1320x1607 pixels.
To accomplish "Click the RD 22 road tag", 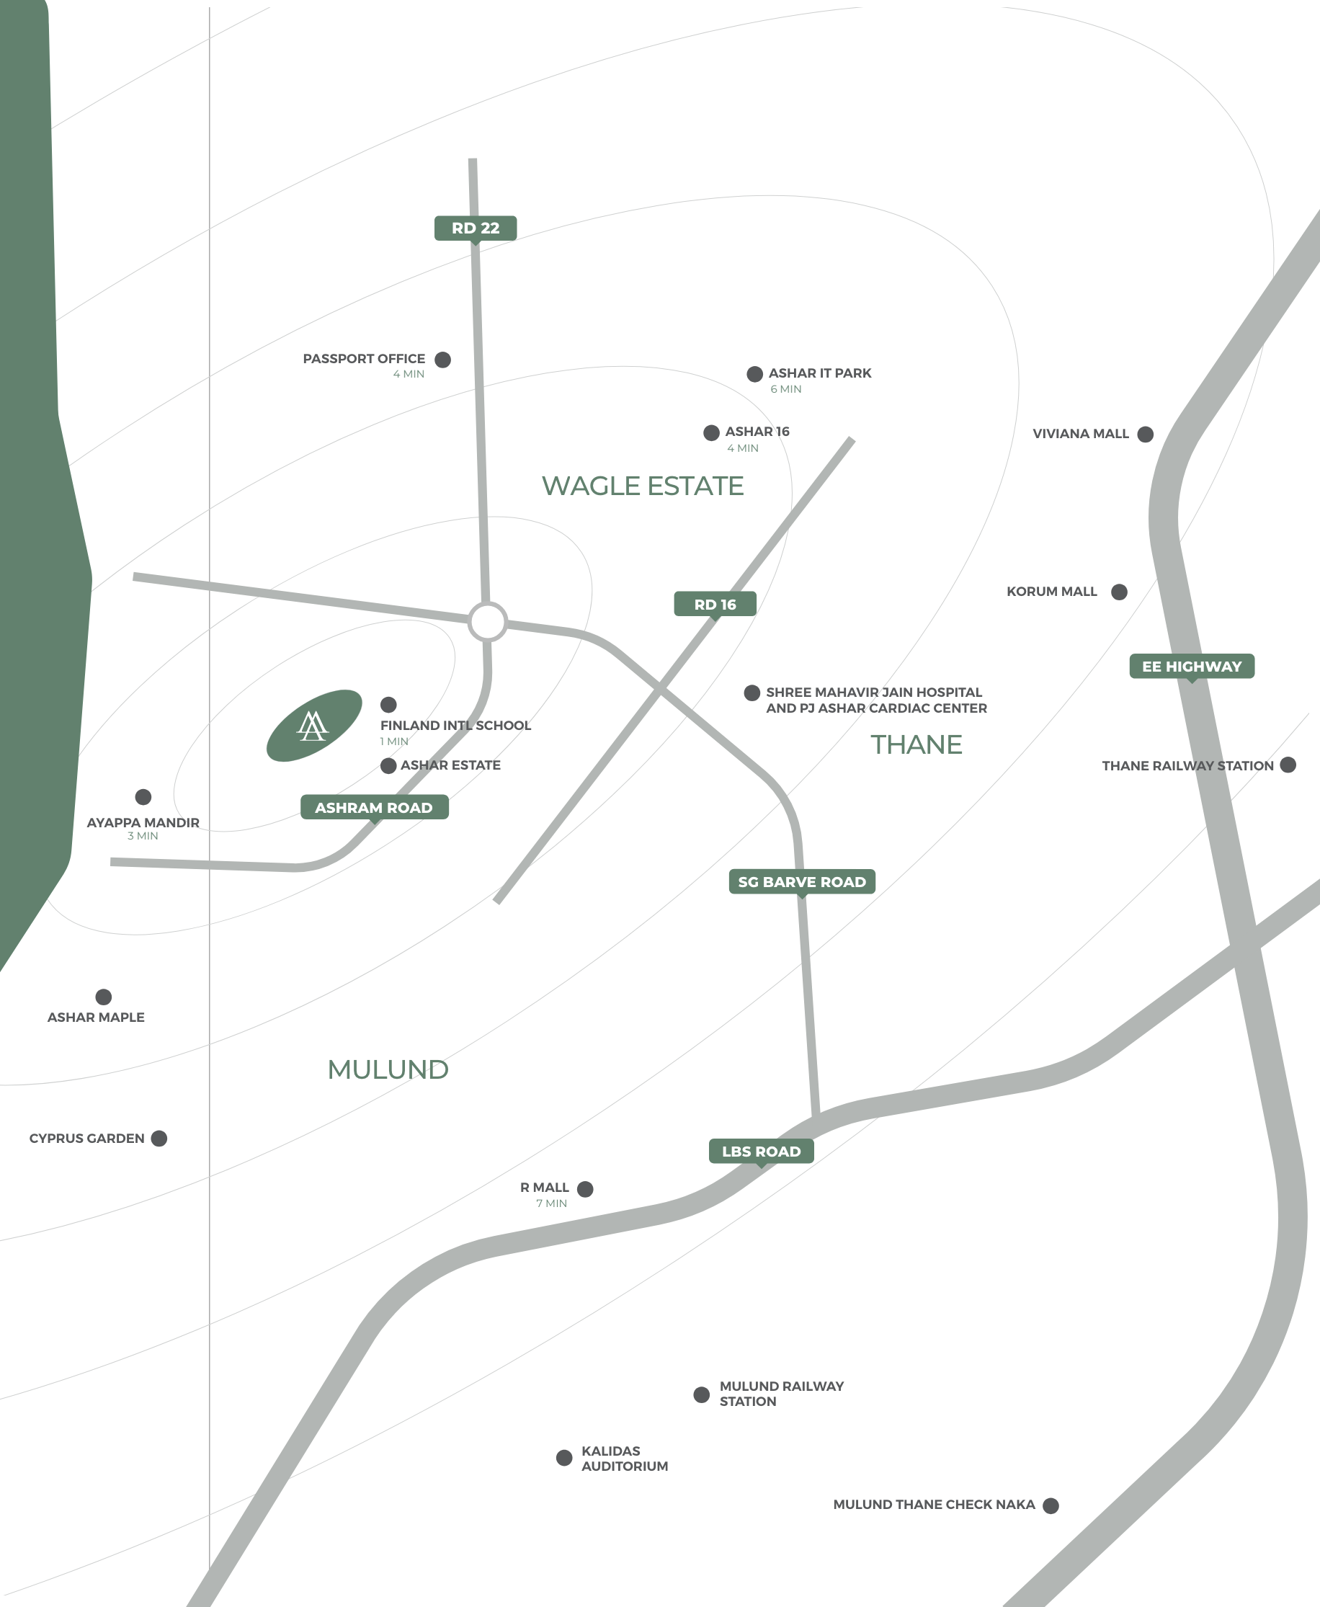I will pos(476,228).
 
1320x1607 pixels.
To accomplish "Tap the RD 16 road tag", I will pos(715,605).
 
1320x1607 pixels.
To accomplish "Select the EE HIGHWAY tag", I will pos(1192,667).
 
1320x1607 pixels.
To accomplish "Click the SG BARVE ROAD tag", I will pos(801,881).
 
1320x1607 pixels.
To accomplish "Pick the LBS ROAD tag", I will pos(761,1151).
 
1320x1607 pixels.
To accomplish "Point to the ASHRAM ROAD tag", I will pos(374,807).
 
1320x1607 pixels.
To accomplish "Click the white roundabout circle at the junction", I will pos(487,622).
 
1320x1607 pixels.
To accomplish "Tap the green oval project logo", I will pos(313,726).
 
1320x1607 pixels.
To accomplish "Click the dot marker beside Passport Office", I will pos(442,360).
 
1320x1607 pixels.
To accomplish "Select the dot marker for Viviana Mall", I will pos(1145,435).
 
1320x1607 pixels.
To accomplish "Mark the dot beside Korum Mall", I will pos(1119,592).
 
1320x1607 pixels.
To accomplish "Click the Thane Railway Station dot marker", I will pos(1288,765).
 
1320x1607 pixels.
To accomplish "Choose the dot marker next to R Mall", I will pos(586,1189).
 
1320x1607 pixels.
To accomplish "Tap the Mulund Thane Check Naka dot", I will pos(1051,1505).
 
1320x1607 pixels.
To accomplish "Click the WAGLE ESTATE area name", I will pos(643,486).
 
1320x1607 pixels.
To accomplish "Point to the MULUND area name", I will pos(388,1069).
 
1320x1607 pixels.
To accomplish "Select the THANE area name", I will pos(917,744).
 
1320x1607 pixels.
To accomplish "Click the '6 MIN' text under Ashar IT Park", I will pos(785,389).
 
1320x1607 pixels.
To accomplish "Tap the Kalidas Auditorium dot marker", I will pos(564,1457).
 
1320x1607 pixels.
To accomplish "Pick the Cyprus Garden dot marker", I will pos(159,1139).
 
